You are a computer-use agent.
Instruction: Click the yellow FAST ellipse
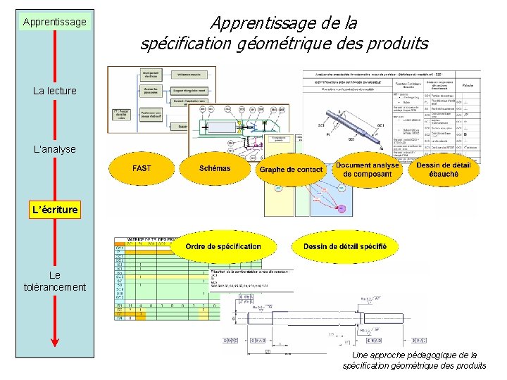[142, 169]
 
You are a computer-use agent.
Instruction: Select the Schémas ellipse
[215, 169]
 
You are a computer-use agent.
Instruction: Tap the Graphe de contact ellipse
[291, 170]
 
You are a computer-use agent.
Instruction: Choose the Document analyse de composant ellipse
[367, 170]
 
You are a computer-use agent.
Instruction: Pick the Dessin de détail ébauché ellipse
[443, 170]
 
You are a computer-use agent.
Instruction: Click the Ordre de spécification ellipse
[223, 246]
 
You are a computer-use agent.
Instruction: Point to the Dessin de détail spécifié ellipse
[344, 246]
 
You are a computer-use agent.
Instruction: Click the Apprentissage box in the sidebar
[54, 22]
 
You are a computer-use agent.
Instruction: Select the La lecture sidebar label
[54, 91]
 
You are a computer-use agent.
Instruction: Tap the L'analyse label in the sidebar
[54, 149]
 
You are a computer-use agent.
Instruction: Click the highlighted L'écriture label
[54, 209]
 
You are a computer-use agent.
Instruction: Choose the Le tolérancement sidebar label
[54, 281]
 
